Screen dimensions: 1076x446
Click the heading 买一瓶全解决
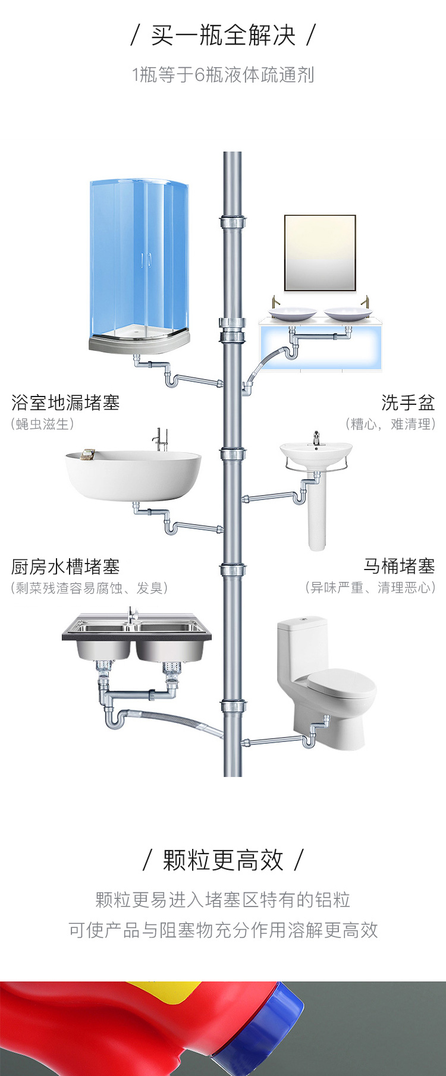[x=223, y=36]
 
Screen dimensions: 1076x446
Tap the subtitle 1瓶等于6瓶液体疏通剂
[x=223, y=75]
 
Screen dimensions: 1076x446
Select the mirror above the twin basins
[x=320, y=253]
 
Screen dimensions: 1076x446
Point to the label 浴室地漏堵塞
[x=65, y=403]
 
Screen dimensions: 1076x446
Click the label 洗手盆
[x=408, y=403]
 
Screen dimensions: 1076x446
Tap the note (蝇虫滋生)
[x=42, y=424]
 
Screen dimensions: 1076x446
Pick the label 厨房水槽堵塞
[x=65, y=567]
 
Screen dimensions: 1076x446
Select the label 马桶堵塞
[x=399, y=566]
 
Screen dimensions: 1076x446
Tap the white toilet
[x=327, y=684]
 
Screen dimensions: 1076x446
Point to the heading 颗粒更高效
[x=223, y=860]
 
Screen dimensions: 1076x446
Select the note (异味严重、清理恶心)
[x=370, y=588]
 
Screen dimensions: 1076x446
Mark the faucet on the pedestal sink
[x=316, y=439]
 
